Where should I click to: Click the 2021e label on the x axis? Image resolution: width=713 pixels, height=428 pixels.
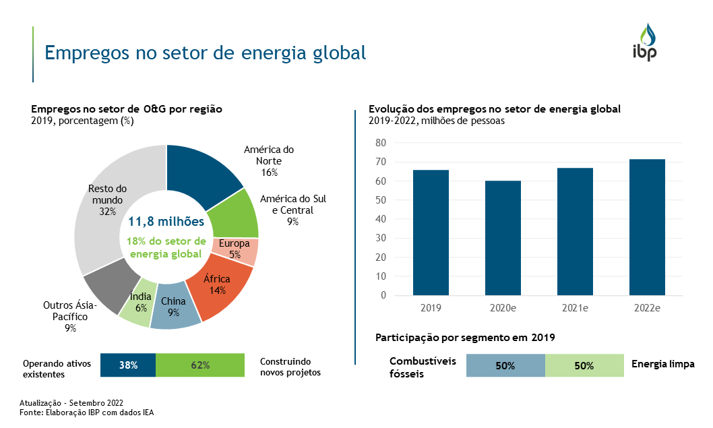click(575, 308)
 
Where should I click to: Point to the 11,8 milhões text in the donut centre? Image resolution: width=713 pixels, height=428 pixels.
click(166, 221)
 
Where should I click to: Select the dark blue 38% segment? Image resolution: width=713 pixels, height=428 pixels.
click(128, 365)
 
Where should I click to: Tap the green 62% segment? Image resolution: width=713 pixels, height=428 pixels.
click(199, 365)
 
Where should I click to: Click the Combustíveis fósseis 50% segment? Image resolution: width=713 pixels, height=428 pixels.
click(505, 366)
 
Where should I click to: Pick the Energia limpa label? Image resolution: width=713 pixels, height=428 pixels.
click(662, 365)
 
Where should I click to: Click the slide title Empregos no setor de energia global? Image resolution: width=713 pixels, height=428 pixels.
click(205, 53)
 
